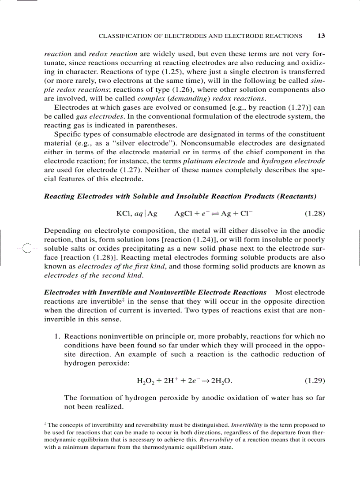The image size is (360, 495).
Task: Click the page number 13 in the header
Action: tap(321, 36)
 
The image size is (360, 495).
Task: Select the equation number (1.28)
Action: tap(315, 214)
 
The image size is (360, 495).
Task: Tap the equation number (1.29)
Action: tap(315, 380)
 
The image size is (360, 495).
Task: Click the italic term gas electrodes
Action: tap(94, 116)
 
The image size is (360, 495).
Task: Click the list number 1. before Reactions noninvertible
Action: tap(57, 336)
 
